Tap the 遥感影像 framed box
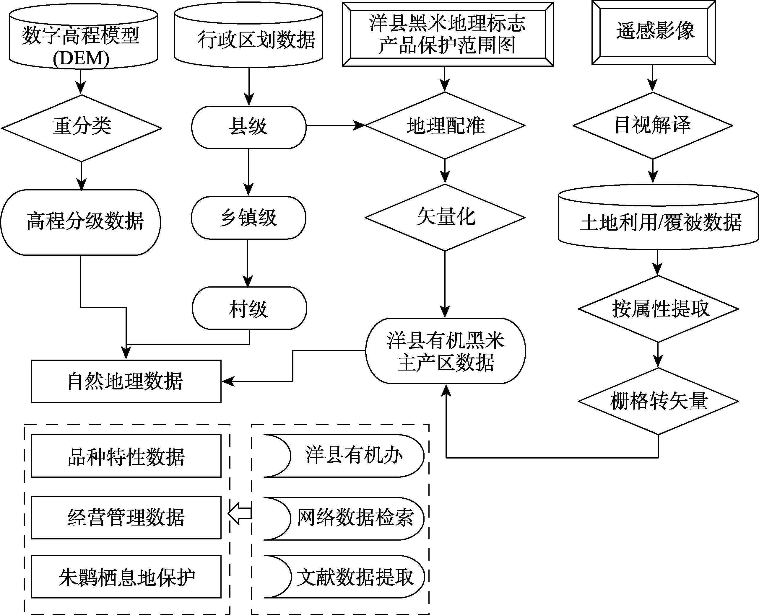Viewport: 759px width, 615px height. pyautogui.click(x=653, y=32)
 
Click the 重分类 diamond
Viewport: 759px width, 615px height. pyautogui.click(x=82, y=128)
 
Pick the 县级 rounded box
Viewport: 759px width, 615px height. pyautogui.click(x=248, y=127)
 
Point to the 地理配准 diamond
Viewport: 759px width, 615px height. pyautogui.click(x=445, y=125)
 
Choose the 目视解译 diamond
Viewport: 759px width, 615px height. pyautogui.click(x=653, y=125)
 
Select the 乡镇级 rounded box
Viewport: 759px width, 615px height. pyautogui.click(x=248, y=218)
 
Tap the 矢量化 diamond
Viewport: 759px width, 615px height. pyautogui.click(x=445, y=217)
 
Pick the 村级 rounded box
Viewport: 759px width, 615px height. pyautogui.click(x=249, y=308)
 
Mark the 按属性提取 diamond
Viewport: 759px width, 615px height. pyautogui.click(x=658, y=309)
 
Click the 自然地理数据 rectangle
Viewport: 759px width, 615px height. pyautogui.click(x=126, y=381)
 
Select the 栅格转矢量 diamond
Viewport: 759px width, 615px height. pyautogui.click(x=658, y=401)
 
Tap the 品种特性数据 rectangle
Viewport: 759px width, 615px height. pyautogui.click(x=126, y=456)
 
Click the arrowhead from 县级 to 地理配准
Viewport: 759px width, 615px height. pyautogui.click(x=360, y=125)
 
